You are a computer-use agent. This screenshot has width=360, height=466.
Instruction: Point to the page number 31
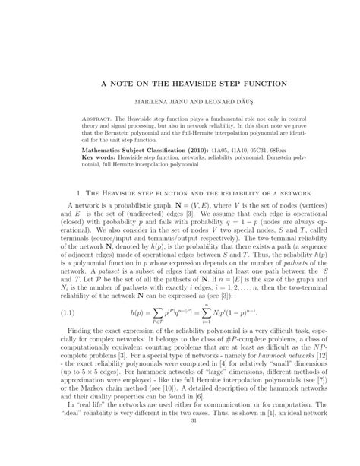[179, 455]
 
